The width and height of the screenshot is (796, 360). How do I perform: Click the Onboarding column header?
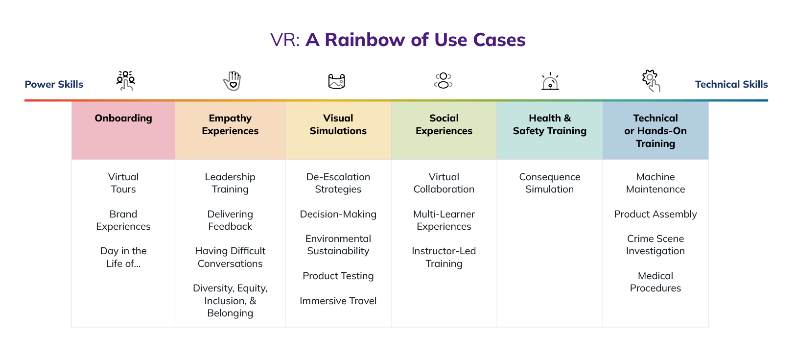[x=123, y=119]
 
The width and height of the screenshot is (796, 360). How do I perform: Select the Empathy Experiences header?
[x=230, y=124]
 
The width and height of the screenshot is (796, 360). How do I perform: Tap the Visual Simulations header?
[x=338, y=124]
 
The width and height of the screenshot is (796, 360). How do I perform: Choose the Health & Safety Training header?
[x=549, y=124]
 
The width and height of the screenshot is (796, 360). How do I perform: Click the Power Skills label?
[x=54, y=84]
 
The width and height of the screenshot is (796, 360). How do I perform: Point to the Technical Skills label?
[x=731, y=84]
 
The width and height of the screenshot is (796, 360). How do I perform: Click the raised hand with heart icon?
[x=233, y=81]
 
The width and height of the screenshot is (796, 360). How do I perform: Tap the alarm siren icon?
[x=550, y=81]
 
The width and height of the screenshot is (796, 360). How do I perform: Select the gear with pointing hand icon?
[x=651, y=81]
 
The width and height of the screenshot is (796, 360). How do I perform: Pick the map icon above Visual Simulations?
[x=337, y=81]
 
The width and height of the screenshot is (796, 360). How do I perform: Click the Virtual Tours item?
[x=123, y=183]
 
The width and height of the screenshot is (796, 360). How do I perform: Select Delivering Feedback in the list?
[x=230, y=220]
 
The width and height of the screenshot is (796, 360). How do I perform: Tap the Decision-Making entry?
[x=338, y=214]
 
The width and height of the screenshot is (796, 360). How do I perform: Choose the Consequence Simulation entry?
[x=549, y=183]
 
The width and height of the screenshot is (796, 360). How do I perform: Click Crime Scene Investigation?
[x=655, y=245]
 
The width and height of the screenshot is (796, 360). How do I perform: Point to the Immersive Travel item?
[x=338, y=301]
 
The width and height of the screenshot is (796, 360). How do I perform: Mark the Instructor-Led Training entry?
[x=444, y=257]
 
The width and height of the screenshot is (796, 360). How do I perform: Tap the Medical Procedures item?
[x=655, y=282]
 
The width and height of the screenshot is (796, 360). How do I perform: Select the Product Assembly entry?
[x=655, y=214]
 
